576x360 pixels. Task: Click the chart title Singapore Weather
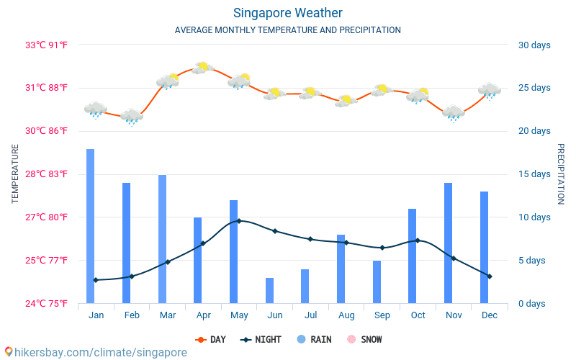coord(287,13)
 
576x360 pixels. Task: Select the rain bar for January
coord(91,226)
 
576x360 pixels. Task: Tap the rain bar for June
coord(269,290)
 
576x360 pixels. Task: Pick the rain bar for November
coord(449,243)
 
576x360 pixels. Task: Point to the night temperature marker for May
coord(239,221)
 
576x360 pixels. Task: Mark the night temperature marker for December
coord(490,276)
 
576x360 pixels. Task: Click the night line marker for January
coord(96,280)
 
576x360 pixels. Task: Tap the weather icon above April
coord(203,68)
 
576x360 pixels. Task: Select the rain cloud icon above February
coord(132,117)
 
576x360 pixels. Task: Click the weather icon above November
coord(453,113)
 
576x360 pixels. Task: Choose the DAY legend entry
coord(211,339)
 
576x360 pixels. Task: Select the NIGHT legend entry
coord(261,339)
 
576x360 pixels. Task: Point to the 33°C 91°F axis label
coord(47,45)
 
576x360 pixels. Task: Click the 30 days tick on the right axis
coord(534,45)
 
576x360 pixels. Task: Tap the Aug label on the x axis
coord(346,315)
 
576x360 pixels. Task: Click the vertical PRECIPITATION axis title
coord(561,174)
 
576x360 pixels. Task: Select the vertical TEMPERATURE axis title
coord(15,174)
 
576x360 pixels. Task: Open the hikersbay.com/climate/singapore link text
coord(95,352)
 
